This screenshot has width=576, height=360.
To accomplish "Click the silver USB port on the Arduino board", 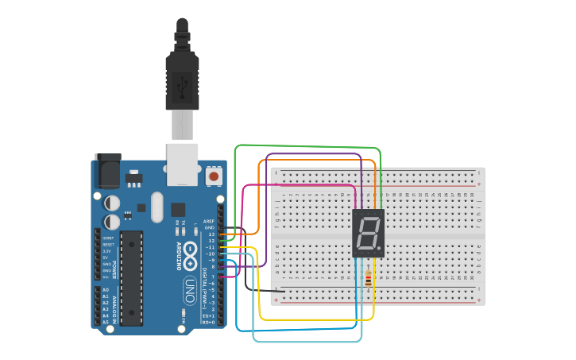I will [182, 165].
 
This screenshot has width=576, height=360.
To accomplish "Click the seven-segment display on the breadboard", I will [368, 234].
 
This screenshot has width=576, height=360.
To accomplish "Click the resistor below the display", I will [368, 278].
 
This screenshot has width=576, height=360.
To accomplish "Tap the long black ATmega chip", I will [131, 277].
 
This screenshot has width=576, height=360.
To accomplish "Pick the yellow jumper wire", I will [318, 319].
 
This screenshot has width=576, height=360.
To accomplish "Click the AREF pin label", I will [209, 221].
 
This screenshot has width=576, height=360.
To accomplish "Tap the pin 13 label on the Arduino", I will [211, 234].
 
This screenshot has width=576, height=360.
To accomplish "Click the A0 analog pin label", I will [105, 290].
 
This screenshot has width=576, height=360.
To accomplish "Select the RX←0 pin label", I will [208, 322].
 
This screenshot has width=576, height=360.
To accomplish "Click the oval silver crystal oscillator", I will [156, 207].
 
